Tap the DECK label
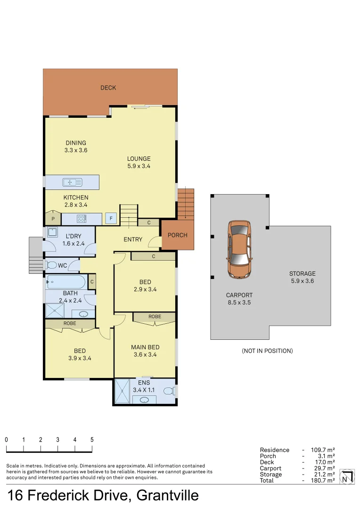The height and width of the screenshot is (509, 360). tap(108, 88)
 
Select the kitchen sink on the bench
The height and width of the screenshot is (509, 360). tap(73, 182)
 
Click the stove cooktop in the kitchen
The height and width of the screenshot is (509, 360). tap(81, 219)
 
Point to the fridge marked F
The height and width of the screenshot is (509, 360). tap(111, 219)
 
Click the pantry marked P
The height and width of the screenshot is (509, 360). tap(53, 219)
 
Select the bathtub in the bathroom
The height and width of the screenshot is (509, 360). tap(65, 283)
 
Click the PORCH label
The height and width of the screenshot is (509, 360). tap(178, 235)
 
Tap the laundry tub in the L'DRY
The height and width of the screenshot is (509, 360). tap(51, 232)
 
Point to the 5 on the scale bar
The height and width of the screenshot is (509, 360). tap(92, 439)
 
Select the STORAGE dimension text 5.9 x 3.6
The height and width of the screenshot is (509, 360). tap(302, 281)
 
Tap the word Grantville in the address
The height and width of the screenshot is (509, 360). tap(167, 496)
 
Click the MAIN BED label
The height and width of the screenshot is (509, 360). tap(145, 347)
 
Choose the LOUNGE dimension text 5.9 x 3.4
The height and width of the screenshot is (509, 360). tap(139, 166)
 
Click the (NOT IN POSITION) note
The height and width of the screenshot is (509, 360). tap(267, 351)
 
